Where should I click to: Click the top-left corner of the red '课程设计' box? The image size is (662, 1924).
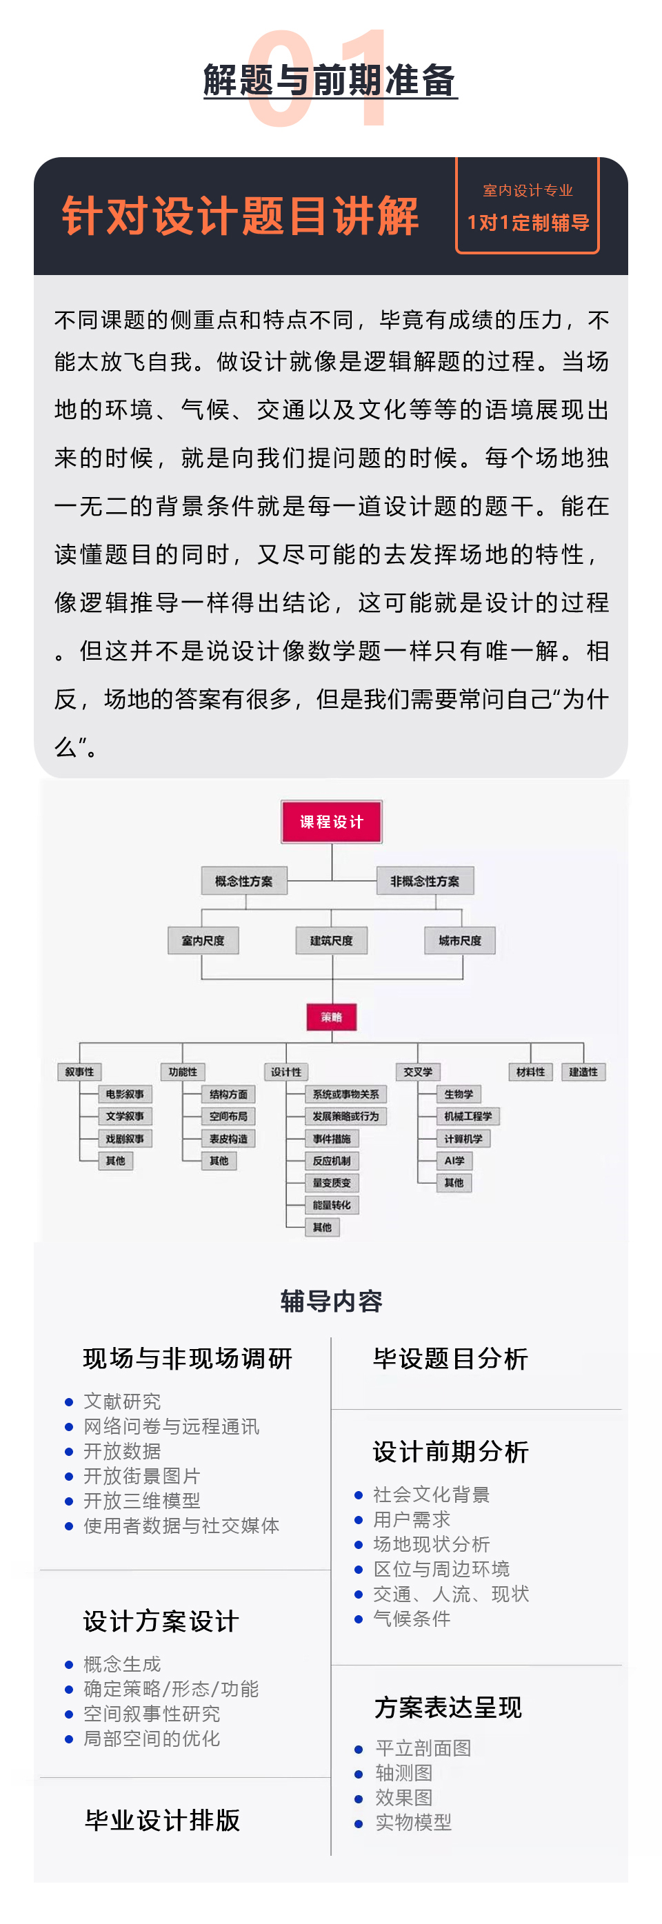click(281, 802)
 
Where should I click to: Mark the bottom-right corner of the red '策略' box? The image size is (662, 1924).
click(357, 1030)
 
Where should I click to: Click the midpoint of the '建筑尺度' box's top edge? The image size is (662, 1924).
click(332, 928)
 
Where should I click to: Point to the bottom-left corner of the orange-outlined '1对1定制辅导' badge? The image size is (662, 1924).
click(457, 253)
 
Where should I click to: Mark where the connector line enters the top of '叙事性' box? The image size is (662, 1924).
click(80, 1064)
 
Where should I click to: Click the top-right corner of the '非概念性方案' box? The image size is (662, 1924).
click(474, 868)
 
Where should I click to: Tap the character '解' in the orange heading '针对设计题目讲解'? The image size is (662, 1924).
click(397, 216)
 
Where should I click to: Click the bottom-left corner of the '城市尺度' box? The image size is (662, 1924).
click(425, 954)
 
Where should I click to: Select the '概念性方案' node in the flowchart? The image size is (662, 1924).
click(244, 881)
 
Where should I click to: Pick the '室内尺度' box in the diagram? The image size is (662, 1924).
click(203, 941)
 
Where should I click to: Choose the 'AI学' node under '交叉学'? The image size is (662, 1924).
click(454, 1161)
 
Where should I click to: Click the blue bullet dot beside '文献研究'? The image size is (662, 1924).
click(69, 1402)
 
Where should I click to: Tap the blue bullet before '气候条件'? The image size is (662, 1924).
click(358, 1619)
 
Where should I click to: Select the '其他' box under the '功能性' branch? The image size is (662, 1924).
click(219, 1161)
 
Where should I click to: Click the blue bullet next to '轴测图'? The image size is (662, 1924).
click(359, 1774)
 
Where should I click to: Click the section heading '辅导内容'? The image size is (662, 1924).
click(331, 1301)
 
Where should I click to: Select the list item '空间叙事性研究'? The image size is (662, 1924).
click(152, 1713)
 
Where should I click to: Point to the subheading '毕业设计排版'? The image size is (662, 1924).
click(162, 1820)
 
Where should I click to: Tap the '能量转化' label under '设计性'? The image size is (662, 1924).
click(332, 1205)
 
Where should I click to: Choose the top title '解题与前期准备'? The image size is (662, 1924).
click(330, 80)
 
